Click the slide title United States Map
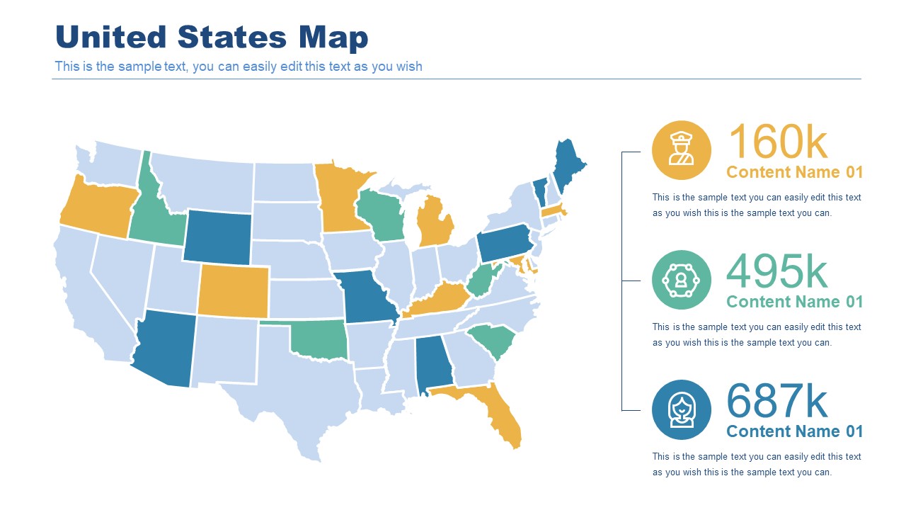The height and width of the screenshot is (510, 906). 212,38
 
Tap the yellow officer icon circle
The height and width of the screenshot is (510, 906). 681,150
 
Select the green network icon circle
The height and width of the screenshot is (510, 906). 681,280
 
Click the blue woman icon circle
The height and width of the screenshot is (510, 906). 681,409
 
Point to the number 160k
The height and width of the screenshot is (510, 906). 777,142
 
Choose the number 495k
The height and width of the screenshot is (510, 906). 777,271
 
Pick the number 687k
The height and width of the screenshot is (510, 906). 777,401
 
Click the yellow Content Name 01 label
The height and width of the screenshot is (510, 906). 795,172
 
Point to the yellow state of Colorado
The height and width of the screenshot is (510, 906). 233,291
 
